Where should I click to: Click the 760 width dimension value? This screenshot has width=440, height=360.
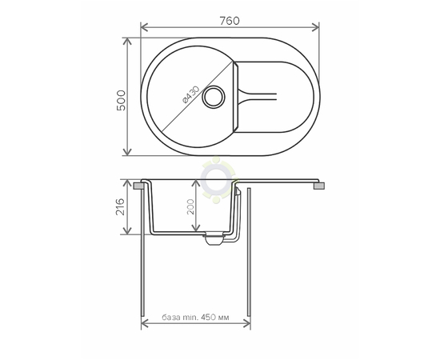coord(230,21)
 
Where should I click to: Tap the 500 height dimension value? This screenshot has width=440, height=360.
coord(121,101)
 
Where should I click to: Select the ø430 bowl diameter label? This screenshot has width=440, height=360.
coord(191,94)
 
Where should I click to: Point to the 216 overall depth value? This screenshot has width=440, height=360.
coord(120,206)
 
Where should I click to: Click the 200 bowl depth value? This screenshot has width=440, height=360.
coord(190,206)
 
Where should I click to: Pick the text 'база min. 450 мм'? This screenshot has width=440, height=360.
coord(195,318)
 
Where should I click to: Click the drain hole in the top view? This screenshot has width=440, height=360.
coord(214,97)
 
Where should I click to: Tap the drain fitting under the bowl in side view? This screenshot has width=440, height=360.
coord(215,238)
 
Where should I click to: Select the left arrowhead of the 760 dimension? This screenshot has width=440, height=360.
coord(144,27)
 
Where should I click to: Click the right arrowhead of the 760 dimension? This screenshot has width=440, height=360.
coord(315,27)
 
